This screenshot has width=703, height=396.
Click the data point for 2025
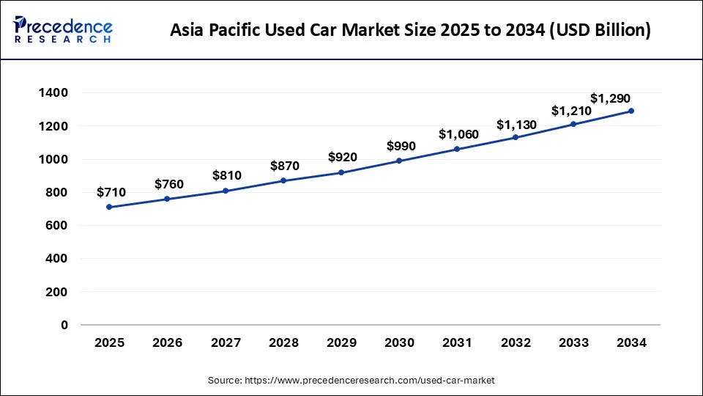(109, 207)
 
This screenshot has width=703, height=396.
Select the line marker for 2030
(399, 161)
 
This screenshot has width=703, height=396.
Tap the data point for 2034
(631, 111)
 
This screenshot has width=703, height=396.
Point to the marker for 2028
(283, 180)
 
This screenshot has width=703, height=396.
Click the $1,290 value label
(610, 98)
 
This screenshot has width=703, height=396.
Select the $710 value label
(111, 192)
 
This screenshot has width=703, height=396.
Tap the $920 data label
(343, 157)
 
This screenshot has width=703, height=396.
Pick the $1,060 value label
(458, 134)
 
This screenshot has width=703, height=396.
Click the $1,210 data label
(571, 111)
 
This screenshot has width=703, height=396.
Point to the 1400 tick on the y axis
(53, 93)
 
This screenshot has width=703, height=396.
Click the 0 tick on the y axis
(64, 325)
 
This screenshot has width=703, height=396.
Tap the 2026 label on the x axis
(167, 342)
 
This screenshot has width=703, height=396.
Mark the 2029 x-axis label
(341, 342)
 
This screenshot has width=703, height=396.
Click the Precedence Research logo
(63, 30)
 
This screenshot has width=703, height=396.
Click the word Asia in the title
(187, 31)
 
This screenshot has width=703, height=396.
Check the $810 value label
(226, 175)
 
